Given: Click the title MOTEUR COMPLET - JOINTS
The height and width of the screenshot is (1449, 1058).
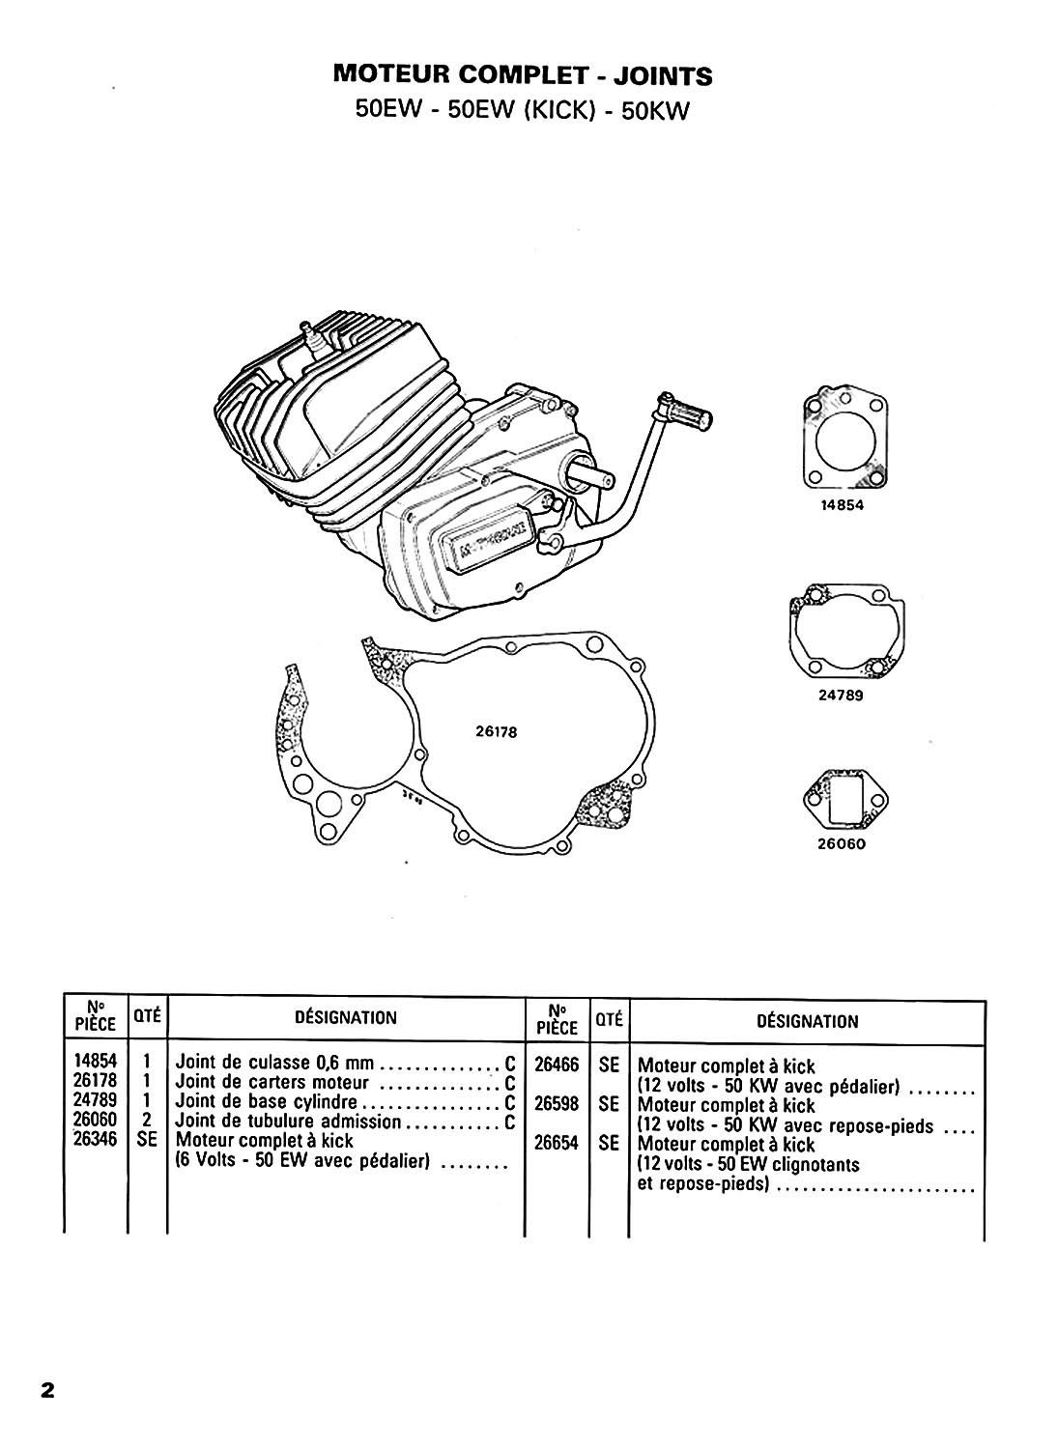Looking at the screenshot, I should pos(522,74).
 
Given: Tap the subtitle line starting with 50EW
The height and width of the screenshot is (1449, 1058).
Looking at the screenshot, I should pos(522,110).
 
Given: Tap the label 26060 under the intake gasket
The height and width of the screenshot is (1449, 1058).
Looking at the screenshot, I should pos(838,842).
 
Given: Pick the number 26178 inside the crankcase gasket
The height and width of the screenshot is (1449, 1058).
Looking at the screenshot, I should pos(497,731).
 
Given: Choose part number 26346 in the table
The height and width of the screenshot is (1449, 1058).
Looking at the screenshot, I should pos(95,1140).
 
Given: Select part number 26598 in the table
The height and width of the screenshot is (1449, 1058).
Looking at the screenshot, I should pos(556,1103).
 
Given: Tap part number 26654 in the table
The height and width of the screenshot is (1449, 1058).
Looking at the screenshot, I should pos(556,1142).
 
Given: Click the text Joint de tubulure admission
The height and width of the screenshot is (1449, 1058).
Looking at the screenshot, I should pos(287,1122).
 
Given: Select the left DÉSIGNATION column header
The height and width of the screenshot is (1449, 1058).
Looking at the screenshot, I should pos(345,1017).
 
